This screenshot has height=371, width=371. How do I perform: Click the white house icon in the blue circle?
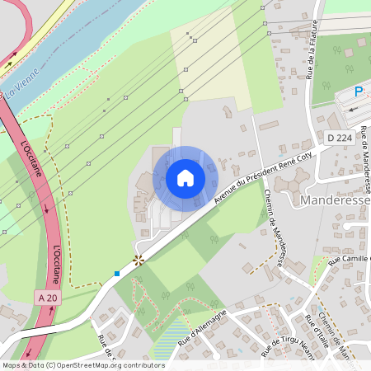185,178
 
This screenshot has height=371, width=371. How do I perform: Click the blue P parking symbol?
359,92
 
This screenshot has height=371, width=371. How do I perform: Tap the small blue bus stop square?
117,273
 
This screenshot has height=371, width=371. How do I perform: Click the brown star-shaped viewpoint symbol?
139,260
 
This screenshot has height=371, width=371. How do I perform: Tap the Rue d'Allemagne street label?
201,322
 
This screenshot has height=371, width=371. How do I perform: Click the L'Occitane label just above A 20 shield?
57,263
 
